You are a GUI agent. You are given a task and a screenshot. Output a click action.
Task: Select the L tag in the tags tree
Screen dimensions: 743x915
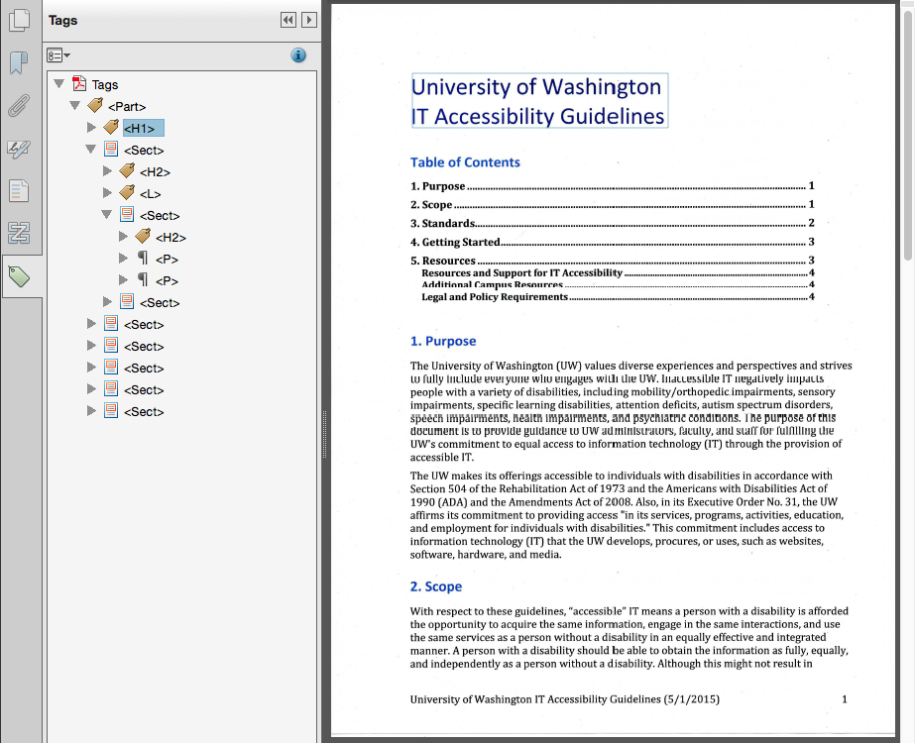(150, 194)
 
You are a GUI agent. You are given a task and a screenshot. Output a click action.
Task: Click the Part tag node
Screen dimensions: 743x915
(127, 106)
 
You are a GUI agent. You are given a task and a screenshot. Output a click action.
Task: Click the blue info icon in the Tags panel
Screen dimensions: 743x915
(298, 55)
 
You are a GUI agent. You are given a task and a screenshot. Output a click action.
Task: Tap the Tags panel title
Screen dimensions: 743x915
(63, 20)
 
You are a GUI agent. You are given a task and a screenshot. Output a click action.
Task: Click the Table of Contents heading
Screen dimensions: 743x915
(465, 162)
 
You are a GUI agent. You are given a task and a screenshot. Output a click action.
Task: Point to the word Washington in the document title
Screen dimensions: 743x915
(599, 87)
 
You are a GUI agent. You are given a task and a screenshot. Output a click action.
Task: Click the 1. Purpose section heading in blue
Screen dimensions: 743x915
(443, 341)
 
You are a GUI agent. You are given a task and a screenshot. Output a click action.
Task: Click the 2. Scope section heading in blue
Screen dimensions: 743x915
(436, 586)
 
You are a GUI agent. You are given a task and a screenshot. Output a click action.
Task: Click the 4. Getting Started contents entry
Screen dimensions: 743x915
(455, 242)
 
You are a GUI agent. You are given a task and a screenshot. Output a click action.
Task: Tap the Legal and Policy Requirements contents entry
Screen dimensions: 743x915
(495, 296)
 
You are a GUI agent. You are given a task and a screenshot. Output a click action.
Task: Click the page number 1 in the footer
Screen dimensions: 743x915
(845, 699)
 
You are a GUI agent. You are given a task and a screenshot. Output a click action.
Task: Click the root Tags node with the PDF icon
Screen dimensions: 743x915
(104, 85)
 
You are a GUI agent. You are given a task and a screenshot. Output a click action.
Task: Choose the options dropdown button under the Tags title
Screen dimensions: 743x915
(58, 55)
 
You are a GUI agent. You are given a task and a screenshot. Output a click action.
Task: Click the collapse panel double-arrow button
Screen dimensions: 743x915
(287, 20)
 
